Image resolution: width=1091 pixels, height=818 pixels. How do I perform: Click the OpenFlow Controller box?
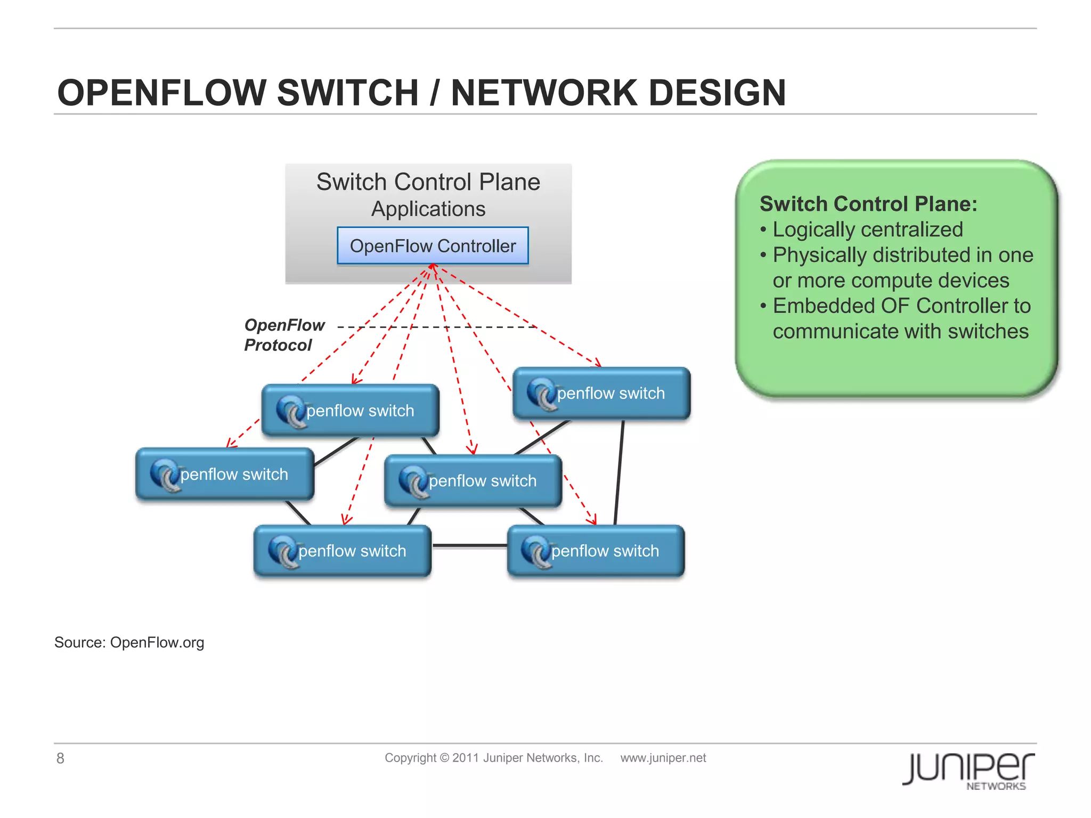(433, 246)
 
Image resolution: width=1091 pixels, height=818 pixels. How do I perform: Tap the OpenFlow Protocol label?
(284, 335)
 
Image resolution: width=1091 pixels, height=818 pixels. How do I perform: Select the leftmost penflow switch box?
(224, 474)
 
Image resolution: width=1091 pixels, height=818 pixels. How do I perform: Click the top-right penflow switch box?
(601, 393)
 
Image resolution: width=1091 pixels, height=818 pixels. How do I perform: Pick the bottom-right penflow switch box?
(596, 551)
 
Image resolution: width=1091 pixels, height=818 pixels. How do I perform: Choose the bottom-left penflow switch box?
(342, 551)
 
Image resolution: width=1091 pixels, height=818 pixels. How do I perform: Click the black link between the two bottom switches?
(469, 546)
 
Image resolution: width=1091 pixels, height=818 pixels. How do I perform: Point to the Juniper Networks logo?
(968, 770)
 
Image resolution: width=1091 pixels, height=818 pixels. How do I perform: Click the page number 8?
(60, 758)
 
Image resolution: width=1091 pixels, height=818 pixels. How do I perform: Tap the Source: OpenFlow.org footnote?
(129, 643)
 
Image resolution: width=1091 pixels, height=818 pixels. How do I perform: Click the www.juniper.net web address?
(663, 758)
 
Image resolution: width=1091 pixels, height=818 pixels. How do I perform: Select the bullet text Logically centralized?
(867, 230)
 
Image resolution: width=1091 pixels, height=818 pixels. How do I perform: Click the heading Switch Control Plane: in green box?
(868, 204)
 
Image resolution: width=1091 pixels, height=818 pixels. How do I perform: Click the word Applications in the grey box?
(428, 209)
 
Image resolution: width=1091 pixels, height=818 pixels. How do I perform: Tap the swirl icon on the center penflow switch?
(413, 481)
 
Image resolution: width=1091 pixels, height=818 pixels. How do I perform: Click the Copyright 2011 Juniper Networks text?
(493, 758)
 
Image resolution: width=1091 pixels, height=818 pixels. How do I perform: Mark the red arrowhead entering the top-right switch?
(599, 364)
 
